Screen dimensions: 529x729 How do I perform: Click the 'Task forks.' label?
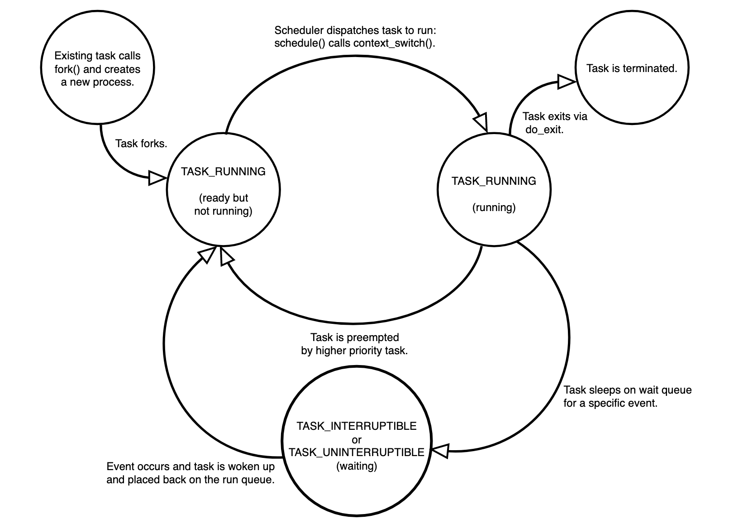click(x=141, y=144)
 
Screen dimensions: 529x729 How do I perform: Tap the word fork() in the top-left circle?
click(x=67, y=69)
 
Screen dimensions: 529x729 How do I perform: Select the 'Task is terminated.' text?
click(x=631, y=68)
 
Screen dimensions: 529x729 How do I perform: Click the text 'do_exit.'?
click(x=544, y=130)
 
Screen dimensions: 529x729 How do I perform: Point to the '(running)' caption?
click(x=494, y=207)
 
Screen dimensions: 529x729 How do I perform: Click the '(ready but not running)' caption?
click(x=223, y=204)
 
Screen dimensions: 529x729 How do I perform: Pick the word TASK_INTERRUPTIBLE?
click(x=357, y=426)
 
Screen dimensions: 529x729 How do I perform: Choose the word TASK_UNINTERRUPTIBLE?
click(x=357, y=452)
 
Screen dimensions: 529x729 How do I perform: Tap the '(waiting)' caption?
click(x=357, y=466)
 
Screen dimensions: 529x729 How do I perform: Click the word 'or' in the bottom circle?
click(x=357, y=439)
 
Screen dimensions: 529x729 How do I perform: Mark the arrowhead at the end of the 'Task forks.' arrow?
click(x=157, y=178)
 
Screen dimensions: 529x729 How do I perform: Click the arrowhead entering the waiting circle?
click(x=440, y=451)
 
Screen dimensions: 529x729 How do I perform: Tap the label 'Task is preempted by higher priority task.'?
click(x=354, y=344)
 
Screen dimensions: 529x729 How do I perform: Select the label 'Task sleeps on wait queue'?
click(x=627, y=390)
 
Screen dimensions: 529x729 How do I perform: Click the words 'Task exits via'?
click(x=555, y=116)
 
